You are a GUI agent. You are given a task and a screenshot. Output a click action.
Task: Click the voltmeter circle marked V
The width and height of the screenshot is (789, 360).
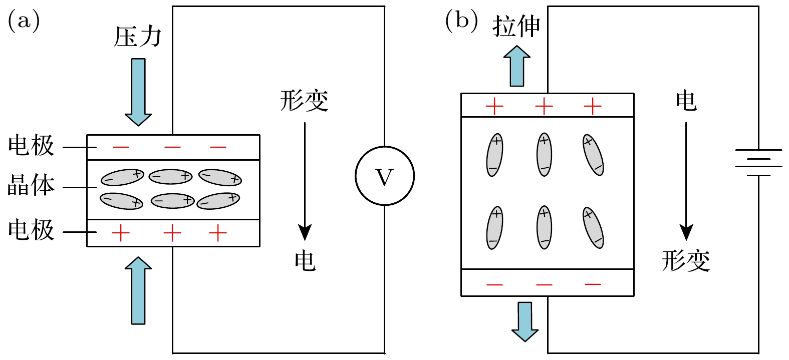(385, 176)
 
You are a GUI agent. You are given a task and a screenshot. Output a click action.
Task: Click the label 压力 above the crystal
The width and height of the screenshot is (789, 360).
(138, 37)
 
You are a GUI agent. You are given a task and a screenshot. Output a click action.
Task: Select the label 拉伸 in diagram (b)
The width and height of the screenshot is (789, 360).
(516, 26)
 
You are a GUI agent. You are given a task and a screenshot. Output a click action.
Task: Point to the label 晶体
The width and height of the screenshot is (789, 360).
(31, 186)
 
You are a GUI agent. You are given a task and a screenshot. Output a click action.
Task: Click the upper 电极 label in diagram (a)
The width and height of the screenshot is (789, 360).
(31, 146)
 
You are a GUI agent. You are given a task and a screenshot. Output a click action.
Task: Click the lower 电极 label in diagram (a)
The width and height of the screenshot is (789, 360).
(31, 230)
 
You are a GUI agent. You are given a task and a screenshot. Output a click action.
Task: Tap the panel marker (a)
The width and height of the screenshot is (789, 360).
(24, 22)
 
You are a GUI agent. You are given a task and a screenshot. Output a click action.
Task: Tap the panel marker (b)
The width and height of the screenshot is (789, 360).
(461, 22)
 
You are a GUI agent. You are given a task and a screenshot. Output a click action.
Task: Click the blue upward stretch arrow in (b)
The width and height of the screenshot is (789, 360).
(517, 66)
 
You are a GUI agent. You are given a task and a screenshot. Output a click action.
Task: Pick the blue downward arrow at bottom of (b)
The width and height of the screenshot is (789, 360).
(525, 321)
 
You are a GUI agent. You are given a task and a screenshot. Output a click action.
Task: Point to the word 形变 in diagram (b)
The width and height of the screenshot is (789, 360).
(686, 261)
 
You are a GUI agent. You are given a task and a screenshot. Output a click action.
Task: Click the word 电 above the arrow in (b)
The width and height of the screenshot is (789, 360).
(686, 101)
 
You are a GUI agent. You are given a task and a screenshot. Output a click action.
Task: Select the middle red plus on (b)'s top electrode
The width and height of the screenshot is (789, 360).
(544, 106)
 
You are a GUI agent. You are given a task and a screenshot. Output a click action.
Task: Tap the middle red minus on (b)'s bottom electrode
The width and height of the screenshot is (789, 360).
(544, 284)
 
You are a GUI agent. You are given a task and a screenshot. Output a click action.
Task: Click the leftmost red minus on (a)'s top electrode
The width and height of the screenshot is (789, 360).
(121, 147)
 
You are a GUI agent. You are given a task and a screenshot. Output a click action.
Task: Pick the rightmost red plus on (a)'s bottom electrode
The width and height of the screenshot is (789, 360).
(218, 233)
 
